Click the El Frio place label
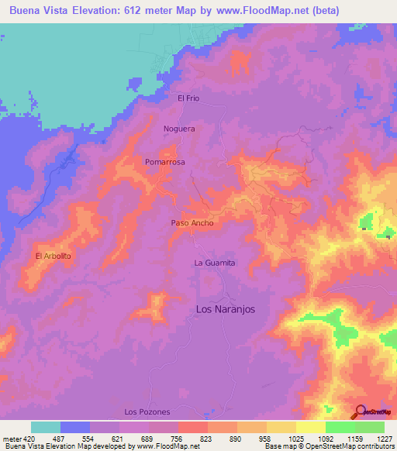click(188, 98)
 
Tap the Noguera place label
click(179, 129)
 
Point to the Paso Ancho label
click(192, 223)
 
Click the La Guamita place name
click(214, 263)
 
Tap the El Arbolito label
click(54, 256)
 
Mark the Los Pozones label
click(147, 411)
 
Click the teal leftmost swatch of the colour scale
click(46, 427)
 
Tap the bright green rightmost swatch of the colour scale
click(370, 427)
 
